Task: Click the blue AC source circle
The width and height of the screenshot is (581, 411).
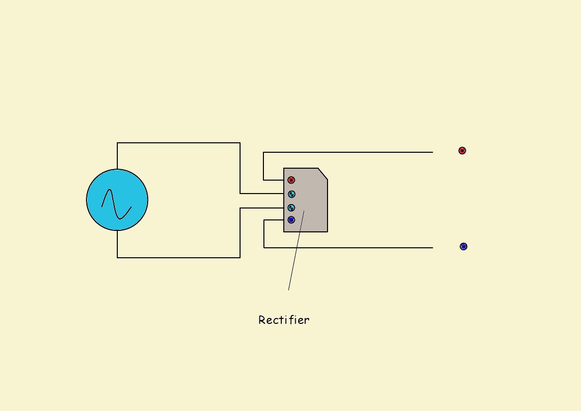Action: coord(117,200)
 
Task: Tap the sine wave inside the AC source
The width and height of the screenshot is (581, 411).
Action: coord(116,205)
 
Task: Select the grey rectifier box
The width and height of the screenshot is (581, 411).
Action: coord(306,200)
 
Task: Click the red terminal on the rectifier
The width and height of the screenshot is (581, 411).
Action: coord(291,180)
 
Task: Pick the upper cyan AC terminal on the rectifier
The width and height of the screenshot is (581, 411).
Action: coord(292,194)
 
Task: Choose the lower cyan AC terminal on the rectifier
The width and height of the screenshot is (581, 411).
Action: coord(291,207)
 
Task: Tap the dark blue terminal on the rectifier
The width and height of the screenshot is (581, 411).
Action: coord(291,220)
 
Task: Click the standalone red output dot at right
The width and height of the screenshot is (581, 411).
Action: coord(462,151)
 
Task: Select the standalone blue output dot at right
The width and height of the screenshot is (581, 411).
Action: coord(464,247)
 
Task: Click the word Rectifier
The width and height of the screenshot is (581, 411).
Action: coord(284,320)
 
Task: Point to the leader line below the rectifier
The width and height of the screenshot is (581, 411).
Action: coord(296,250)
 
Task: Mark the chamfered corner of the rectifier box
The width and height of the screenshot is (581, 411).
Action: coord(323,174)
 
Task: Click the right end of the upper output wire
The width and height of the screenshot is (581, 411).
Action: coord(433,152)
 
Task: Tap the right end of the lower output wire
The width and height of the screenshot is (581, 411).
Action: coord(433,247)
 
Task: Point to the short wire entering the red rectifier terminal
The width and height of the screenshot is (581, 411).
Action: coord(273,180)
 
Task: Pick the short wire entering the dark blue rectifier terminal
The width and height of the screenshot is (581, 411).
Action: coord(274,220)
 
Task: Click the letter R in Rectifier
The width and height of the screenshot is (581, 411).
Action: coord(261,320)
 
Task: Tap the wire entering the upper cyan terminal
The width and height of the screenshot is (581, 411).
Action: coord(262,193)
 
